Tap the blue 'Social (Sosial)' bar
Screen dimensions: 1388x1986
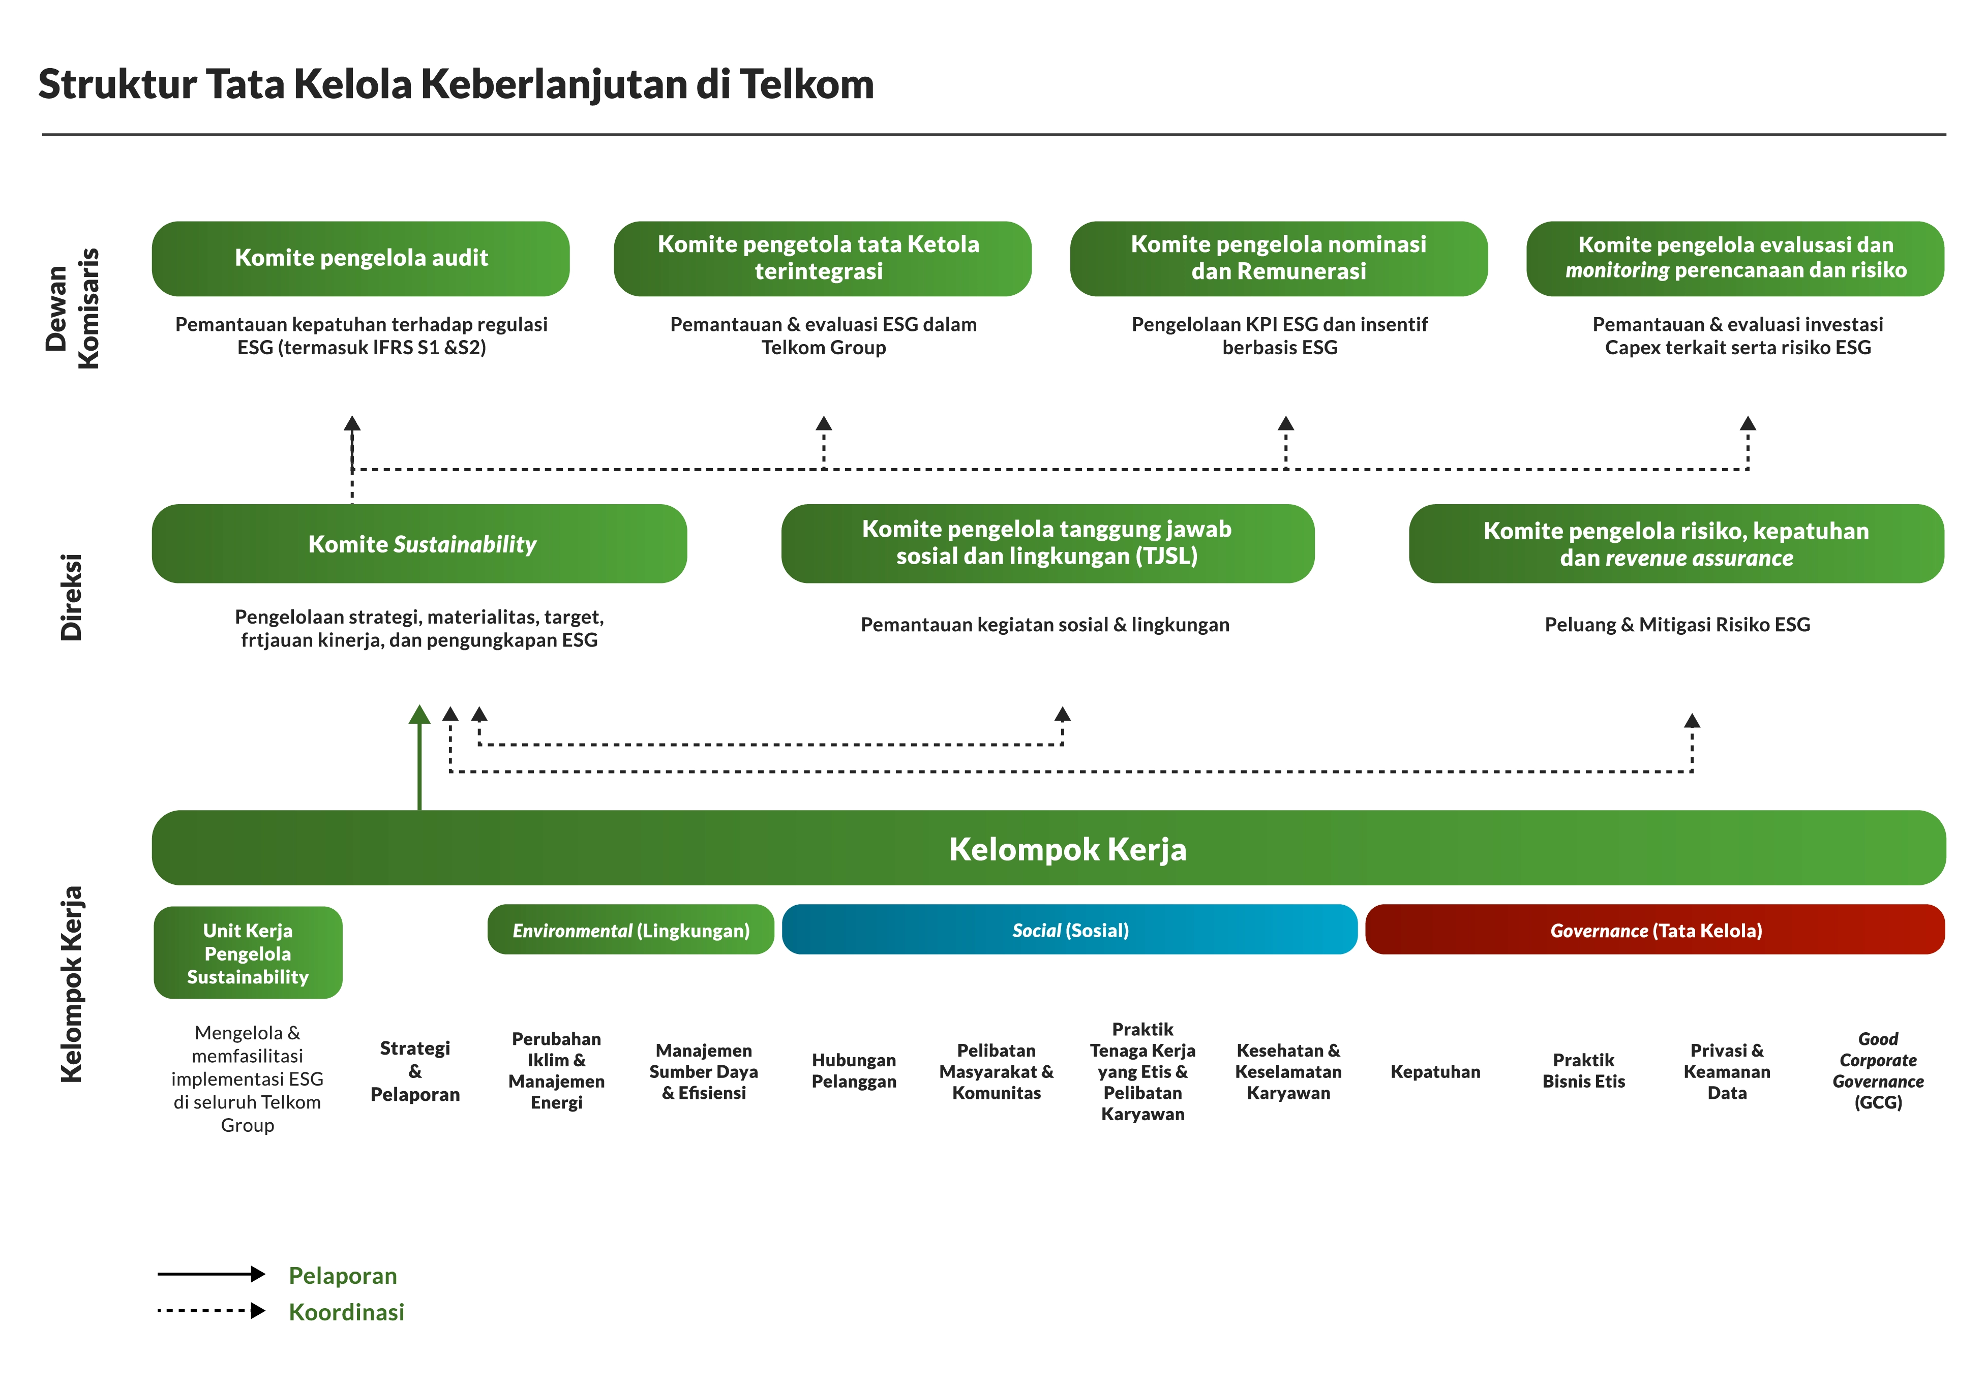(1069, 930)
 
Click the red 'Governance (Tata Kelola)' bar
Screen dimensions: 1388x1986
(1654, 930)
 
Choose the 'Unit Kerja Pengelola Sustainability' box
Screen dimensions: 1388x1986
(248, 953)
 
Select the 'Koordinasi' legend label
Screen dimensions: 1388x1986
(346, 1312)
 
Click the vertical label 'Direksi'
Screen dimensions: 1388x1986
(71, 597)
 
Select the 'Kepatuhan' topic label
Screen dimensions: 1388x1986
(1435, 1071)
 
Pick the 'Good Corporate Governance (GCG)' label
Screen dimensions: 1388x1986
(1877, 1071)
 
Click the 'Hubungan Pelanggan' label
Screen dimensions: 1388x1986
(854, 1071)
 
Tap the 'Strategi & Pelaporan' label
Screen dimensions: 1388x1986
(415, 1071)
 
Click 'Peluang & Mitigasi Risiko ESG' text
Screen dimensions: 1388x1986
(1676, 625)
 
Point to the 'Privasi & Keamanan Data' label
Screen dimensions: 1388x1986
(1727, 1071)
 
